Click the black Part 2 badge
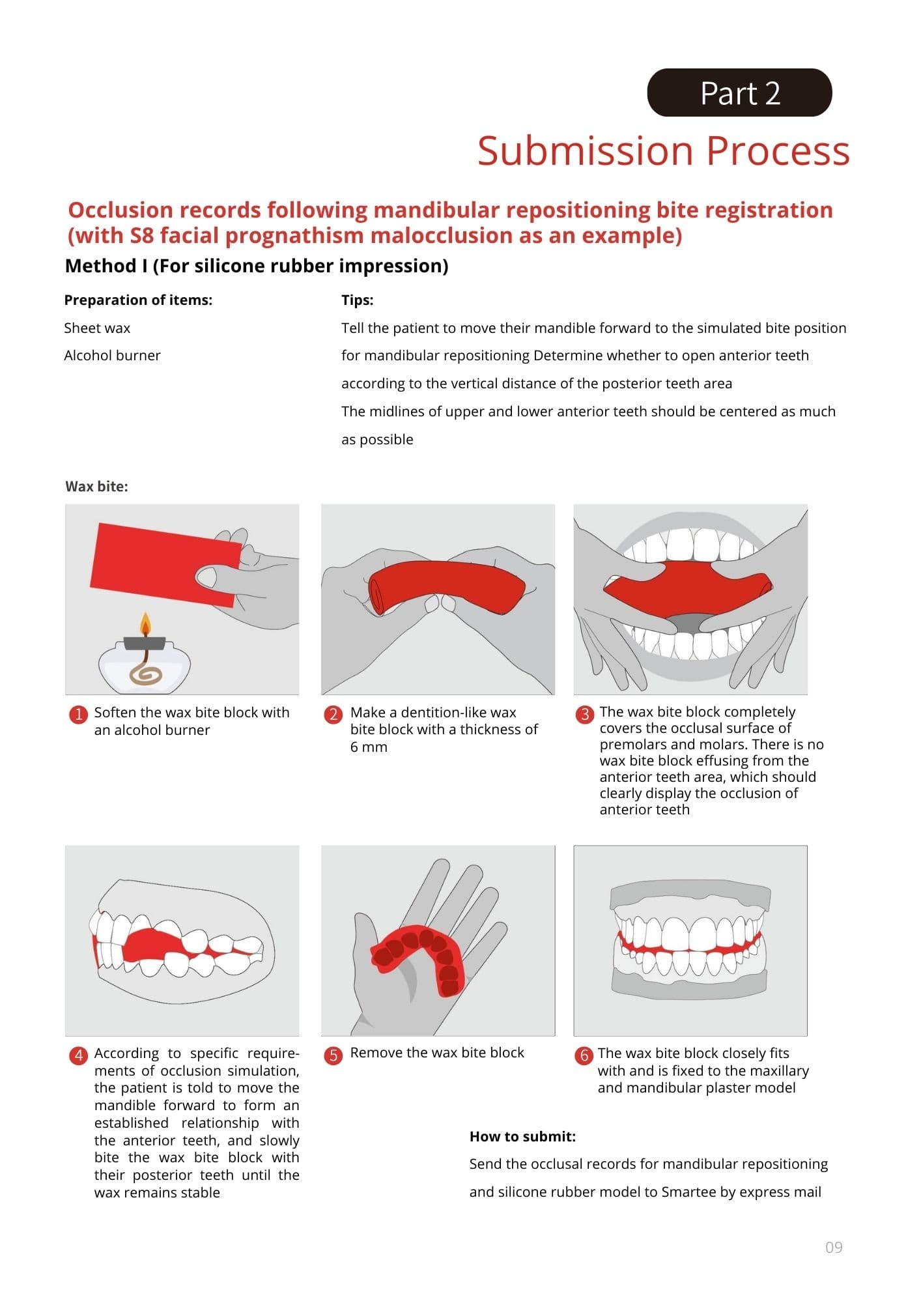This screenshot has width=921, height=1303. [x=739, y=93]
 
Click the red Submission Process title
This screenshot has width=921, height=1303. [x=664, y=150]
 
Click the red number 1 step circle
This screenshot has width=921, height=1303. [x=78, y=714]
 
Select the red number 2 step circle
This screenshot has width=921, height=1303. [x=333, y=714]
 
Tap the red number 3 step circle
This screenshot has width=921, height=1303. [x=584, y=714]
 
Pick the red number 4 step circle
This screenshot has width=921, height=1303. [x=78, y=1055]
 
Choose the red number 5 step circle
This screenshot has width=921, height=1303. [x=333, y=1055]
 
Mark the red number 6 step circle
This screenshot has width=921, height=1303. [x=584, y=1055]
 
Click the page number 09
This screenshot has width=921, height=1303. [x=834, y=1248]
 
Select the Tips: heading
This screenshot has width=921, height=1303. [x=358, y=300]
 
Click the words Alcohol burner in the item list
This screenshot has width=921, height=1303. [x=112, y=356]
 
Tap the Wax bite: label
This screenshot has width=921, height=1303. [x=96, y=487]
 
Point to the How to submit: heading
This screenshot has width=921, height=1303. [x=522, y=1137]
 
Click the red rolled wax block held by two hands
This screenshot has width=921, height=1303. [x=447, y=583]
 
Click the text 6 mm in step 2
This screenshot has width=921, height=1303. [x=369, y=747]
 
